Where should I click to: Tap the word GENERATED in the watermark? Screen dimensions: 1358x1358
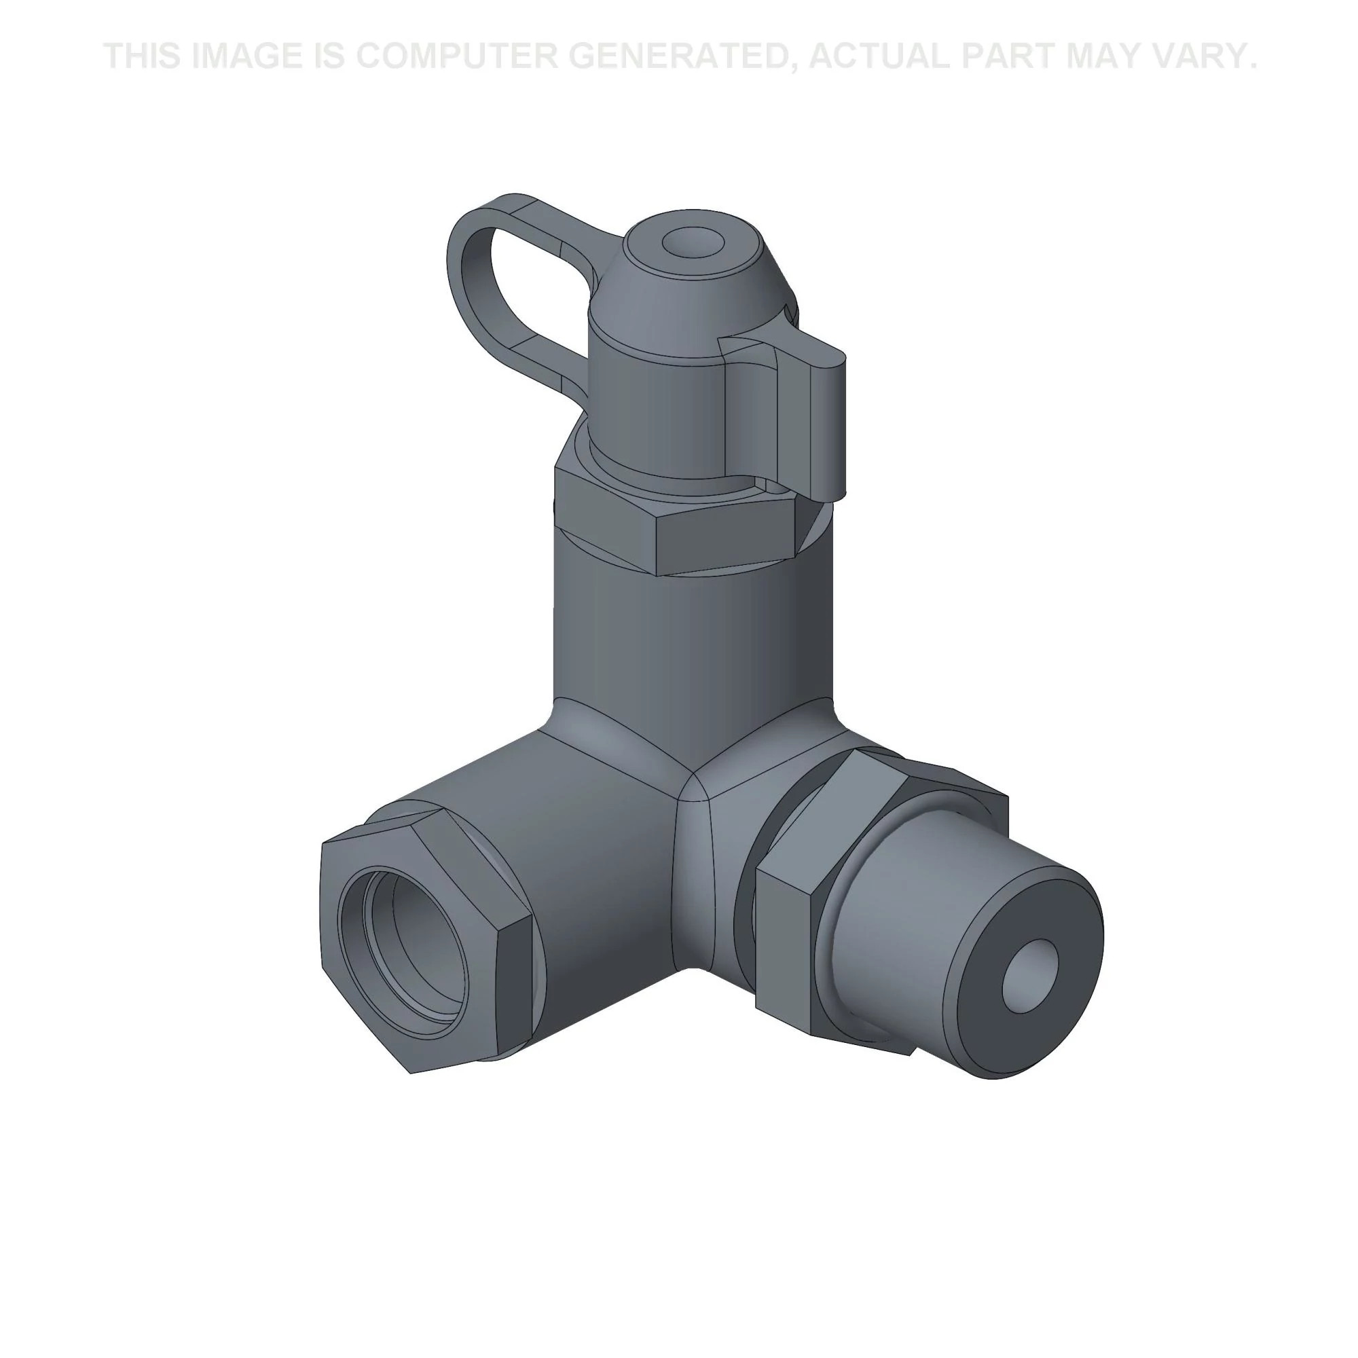click(x=689, y=57)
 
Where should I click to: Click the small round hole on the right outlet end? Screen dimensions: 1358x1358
click(x=1030, y=978)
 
